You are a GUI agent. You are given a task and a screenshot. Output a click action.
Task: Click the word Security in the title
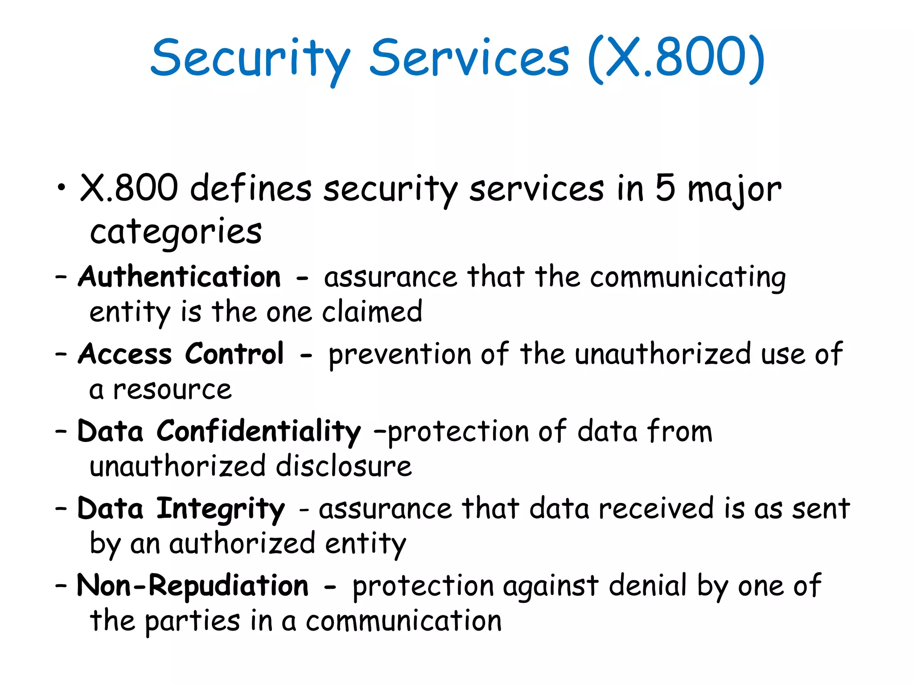click(251, 59)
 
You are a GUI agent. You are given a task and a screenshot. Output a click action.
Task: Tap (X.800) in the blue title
click(676, 58)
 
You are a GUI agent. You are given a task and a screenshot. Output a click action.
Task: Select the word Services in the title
click(469, 58)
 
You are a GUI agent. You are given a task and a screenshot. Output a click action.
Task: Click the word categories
click(176, 232)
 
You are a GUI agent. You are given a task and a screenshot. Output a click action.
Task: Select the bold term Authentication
click(180, 276)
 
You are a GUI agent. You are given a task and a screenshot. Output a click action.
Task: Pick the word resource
click(172, 390)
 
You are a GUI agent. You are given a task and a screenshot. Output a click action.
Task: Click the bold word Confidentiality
click(259, 431)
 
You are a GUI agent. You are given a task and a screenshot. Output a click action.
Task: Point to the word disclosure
click(344, 466)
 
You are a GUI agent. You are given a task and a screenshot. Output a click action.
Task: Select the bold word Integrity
click(220, 509)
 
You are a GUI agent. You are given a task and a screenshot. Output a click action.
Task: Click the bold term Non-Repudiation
click(193, 586)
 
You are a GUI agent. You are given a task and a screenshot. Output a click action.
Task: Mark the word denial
click(647, 586)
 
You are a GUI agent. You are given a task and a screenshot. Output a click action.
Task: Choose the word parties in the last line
click(193, 621)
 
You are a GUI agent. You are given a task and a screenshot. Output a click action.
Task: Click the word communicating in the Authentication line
click(688, 277)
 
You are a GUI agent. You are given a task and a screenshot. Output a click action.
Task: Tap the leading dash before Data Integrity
click(61, 508)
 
